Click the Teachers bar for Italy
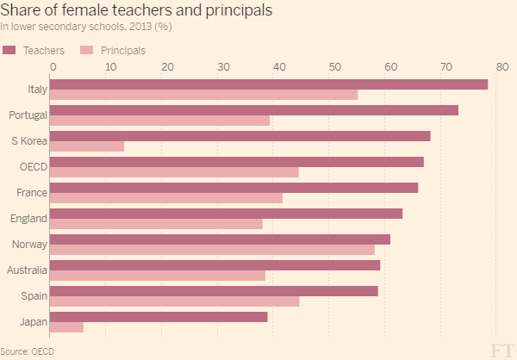[270, 84]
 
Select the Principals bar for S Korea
[88, 146]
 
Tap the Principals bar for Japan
[68, 327]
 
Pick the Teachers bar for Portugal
[255, 110]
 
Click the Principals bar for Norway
[214, 250]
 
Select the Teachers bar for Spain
[215, 291]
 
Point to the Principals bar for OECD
[175, 172]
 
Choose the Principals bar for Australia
[159, 276]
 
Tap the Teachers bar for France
[235, 188]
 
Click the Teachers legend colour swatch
[9, 51]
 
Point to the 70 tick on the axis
[445, 67]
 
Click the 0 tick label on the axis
[53, 67]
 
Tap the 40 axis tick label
[277, 67]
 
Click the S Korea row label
[29, 140]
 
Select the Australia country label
[27, 270]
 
